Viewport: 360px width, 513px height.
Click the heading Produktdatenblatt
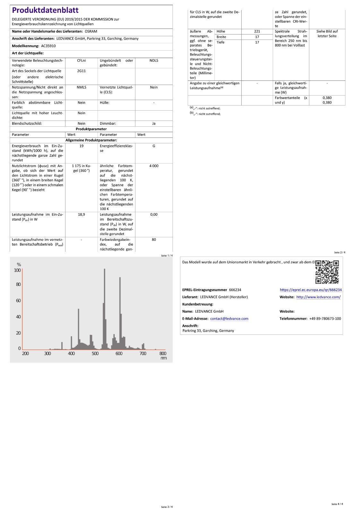click(x=45, y=10)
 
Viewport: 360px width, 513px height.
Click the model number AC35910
click(x=48, y=46)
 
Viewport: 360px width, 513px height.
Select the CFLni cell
click(x=81, y=61)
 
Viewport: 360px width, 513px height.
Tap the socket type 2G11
click(x=81, y=71)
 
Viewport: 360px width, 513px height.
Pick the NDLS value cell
click(x=154, y=61)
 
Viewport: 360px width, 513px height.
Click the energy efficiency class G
click(x=154, y=146)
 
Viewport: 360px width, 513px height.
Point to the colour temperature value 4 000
click(x=154, y=166)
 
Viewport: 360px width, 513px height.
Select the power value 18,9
click(x=81, y=214)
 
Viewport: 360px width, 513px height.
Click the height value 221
click(x=257, y=31)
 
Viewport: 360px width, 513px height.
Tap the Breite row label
click(x=221, y=37)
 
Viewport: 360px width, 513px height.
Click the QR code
click(x=327, y=272)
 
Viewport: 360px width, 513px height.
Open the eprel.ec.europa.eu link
click(x=311, y=290)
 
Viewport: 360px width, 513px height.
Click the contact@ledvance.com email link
click(x=229, y=319)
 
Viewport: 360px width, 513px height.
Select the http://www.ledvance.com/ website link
click(x=318, y=297)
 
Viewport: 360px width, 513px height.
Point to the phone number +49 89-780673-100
click(x=325, y=319)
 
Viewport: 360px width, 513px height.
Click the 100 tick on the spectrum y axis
click(x=17, y=270)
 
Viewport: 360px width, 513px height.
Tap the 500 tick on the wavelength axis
click(x=95, y=353)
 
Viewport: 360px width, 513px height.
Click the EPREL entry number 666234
click(x=235, y=290)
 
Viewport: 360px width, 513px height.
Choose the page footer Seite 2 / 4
click(x=339, y=252)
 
